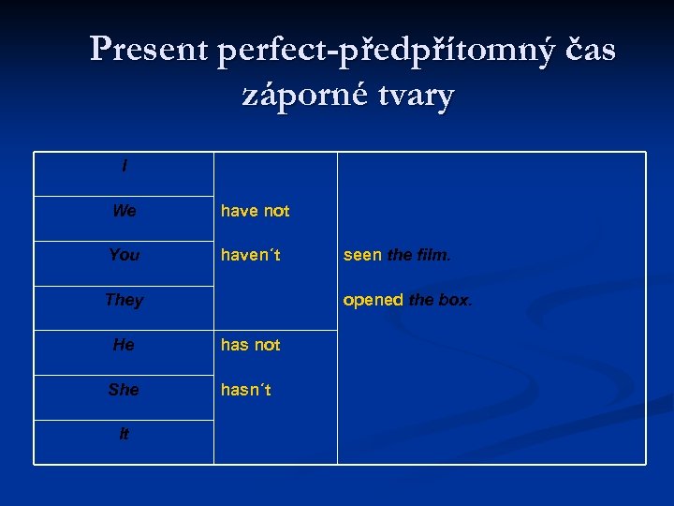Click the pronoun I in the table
click(x=125, y=167)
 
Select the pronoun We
click(x=124, y=211)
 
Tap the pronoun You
click(x=124, y=255)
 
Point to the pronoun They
click(x=124, y=300)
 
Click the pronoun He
click(x=124, y=345)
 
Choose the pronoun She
click(x=124, y=389)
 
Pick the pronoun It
click(x=124, y=434)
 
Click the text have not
click(x=255, y=211)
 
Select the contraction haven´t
click(x=251, y=255)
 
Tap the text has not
click(x=250, y=345)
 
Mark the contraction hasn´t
click(x=246, y=389)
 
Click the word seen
click(x=362, y=255)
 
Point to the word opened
click(x=373, y=300)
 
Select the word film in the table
click(x=432, y=255)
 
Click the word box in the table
click(x=456, y=300)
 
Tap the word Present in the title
click(x=150, y=50)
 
